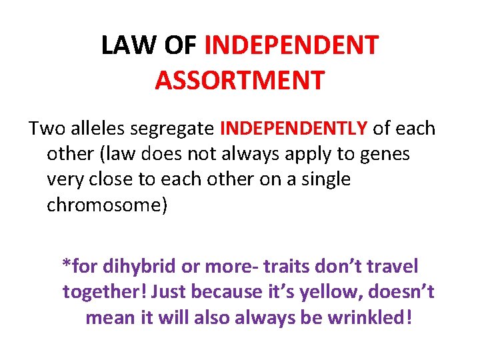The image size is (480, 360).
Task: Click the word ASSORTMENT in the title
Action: tap(239, 79)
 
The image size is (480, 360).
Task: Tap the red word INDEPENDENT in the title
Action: tap(291, 45)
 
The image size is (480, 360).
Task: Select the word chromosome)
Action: tap(107, 205)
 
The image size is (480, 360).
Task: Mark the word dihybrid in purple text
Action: tap(137, 267)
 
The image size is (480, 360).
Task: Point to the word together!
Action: tap(104, 292)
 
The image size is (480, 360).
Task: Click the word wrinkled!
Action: tap(370, 318)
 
